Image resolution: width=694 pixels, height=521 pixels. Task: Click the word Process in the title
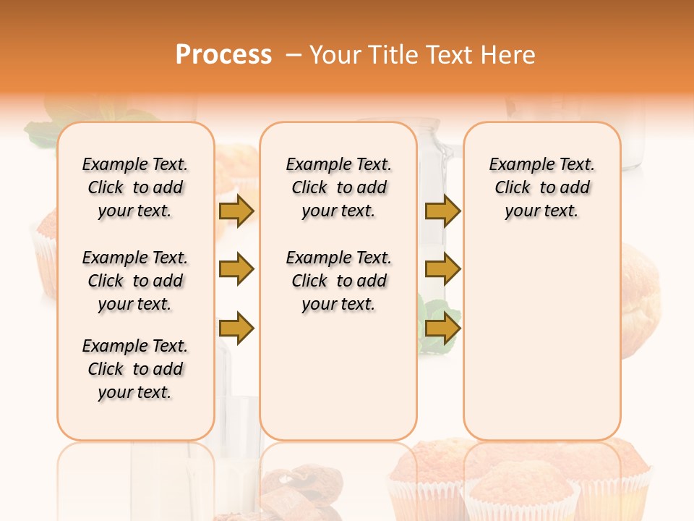(223, 55)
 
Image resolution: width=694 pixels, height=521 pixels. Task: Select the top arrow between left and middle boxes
(236, 211)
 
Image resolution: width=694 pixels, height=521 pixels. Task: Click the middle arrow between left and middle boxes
(236, 269)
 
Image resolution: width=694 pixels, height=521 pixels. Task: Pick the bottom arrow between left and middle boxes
(236, 329)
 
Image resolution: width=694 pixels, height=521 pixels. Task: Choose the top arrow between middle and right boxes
(442, 211)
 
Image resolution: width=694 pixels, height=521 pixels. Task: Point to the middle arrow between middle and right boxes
(442, 269)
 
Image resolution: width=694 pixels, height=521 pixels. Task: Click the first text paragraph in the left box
(135, 187)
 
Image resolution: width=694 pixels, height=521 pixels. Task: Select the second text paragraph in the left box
(135, 281)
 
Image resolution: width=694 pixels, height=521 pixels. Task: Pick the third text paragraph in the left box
(135, 369)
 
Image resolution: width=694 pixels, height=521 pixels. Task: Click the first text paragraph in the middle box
(338, 187)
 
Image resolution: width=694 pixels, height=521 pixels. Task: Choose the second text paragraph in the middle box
(338, 281)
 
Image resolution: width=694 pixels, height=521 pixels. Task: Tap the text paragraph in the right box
(541, 187)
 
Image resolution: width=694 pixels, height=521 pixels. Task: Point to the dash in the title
(294, 55)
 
